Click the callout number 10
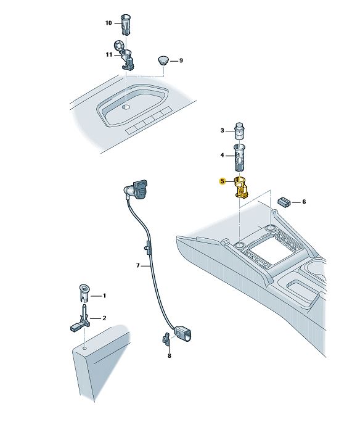coord(108,23)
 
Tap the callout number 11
coord(108,55)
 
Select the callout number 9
coord(181,60)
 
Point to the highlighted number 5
coord(223,181)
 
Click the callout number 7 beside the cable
coord(138,265)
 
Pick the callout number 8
coord(170,355)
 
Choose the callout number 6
coord(304,202)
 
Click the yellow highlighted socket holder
coord(241,188)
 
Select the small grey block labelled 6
coord(283,202)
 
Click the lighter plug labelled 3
coord(239,131)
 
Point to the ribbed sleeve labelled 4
coord(239,158)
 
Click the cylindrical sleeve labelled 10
coord(126,25)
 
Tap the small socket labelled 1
coord(84,294)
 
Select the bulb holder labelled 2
coord(81,318)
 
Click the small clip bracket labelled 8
coord(166,339)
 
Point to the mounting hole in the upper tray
coord(126,107)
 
